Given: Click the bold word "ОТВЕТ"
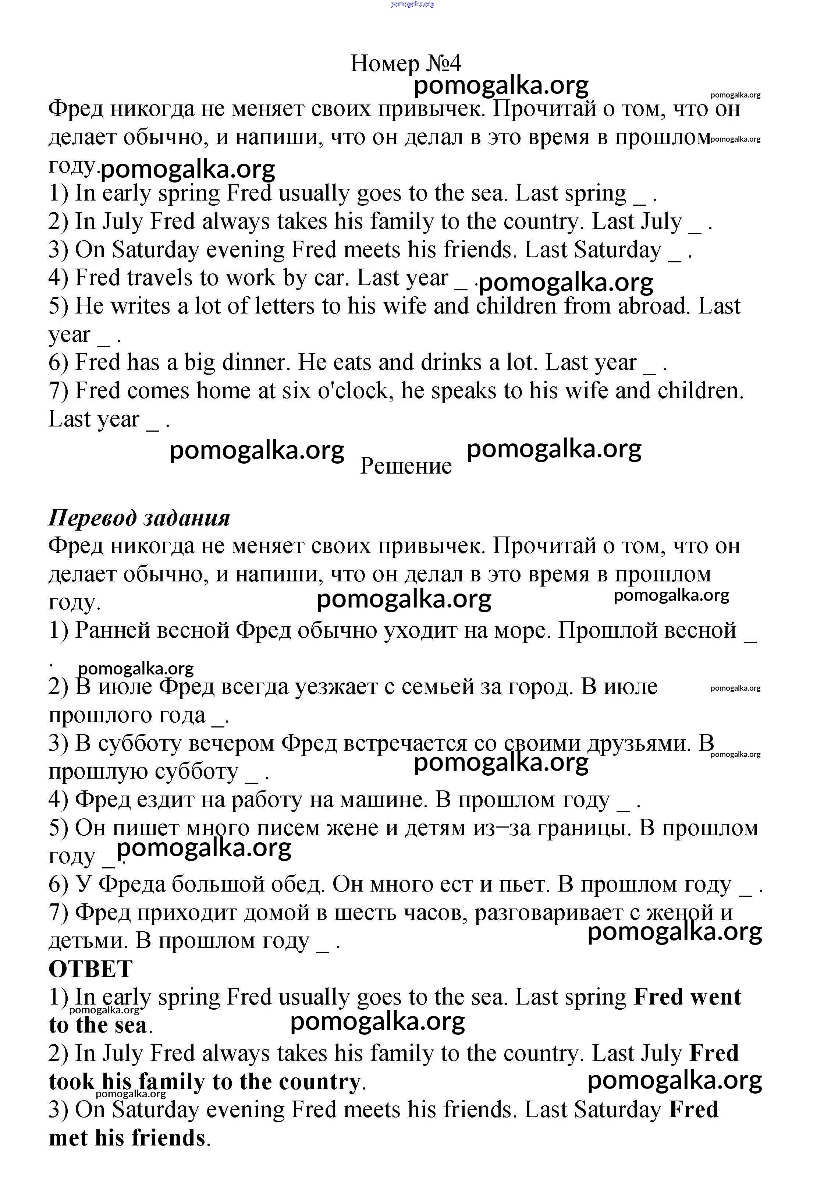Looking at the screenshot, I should point(90,969).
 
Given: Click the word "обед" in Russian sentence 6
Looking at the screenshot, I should point(298,884).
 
